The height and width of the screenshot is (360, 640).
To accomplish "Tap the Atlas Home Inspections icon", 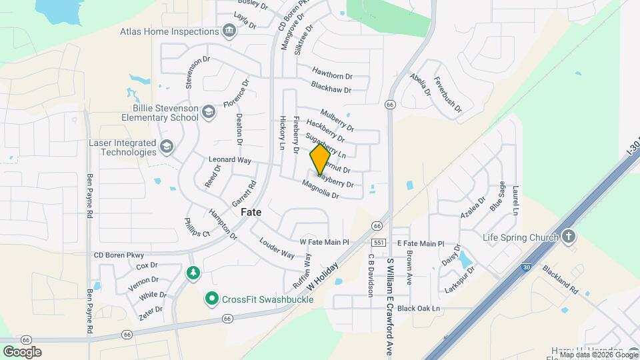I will point(229,31).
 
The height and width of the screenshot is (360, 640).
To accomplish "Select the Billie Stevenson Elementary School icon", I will point(209,111).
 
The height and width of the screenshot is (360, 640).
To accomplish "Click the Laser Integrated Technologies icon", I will point(166,146).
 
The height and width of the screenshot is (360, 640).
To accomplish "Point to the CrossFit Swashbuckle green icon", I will point(212,298).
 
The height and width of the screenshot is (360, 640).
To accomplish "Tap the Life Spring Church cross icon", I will point(567,237).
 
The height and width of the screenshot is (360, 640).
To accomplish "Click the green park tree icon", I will point(193,273).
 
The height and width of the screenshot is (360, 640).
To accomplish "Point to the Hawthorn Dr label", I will point(331,73).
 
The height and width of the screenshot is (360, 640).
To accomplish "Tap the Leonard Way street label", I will point(229,160).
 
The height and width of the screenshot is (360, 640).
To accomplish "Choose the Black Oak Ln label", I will point(419,309).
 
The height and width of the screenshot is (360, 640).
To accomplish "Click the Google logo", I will point(22,351).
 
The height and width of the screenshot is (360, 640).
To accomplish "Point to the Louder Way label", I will point(277,249).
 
